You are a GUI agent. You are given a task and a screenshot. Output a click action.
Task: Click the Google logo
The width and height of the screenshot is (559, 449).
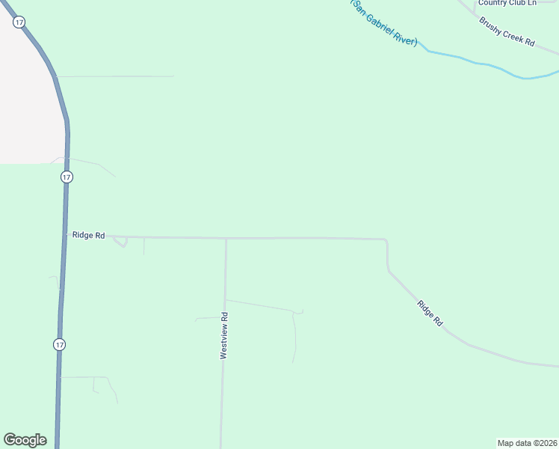tap(25, 440)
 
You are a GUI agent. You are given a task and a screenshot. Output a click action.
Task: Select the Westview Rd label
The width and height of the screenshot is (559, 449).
tap(223, 336)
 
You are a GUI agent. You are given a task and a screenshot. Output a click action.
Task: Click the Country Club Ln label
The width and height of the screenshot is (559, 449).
tap(507, 3)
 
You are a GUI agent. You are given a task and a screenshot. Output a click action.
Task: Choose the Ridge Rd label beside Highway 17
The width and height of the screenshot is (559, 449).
tap(89, 235)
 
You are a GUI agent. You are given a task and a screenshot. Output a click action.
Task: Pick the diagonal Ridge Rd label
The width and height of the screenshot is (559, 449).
tap(430, 313)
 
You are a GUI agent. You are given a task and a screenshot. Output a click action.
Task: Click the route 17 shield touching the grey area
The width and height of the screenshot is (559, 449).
tap(19, 22)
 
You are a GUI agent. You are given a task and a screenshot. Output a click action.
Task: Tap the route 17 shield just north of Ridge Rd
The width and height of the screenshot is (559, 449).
tap(67, 177)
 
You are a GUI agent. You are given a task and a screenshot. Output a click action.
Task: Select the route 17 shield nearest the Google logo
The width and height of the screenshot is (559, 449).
tap(60, 344)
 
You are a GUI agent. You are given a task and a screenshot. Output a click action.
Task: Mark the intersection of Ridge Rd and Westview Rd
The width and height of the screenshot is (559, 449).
tap(226, 239)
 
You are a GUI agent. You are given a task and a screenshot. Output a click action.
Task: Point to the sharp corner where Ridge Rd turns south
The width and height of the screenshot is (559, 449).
tap(386, 241)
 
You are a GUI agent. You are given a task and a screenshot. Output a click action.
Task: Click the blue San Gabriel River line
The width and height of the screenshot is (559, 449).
tap(486, 65)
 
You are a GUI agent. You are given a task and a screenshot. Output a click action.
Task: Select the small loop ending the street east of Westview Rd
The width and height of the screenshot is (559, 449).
tap(300, 312)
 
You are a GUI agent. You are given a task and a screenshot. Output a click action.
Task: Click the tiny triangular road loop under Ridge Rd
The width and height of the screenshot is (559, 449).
tap(120, 242)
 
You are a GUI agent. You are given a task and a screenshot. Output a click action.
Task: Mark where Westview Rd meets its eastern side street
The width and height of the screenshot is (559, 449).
tap(225, 300)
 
